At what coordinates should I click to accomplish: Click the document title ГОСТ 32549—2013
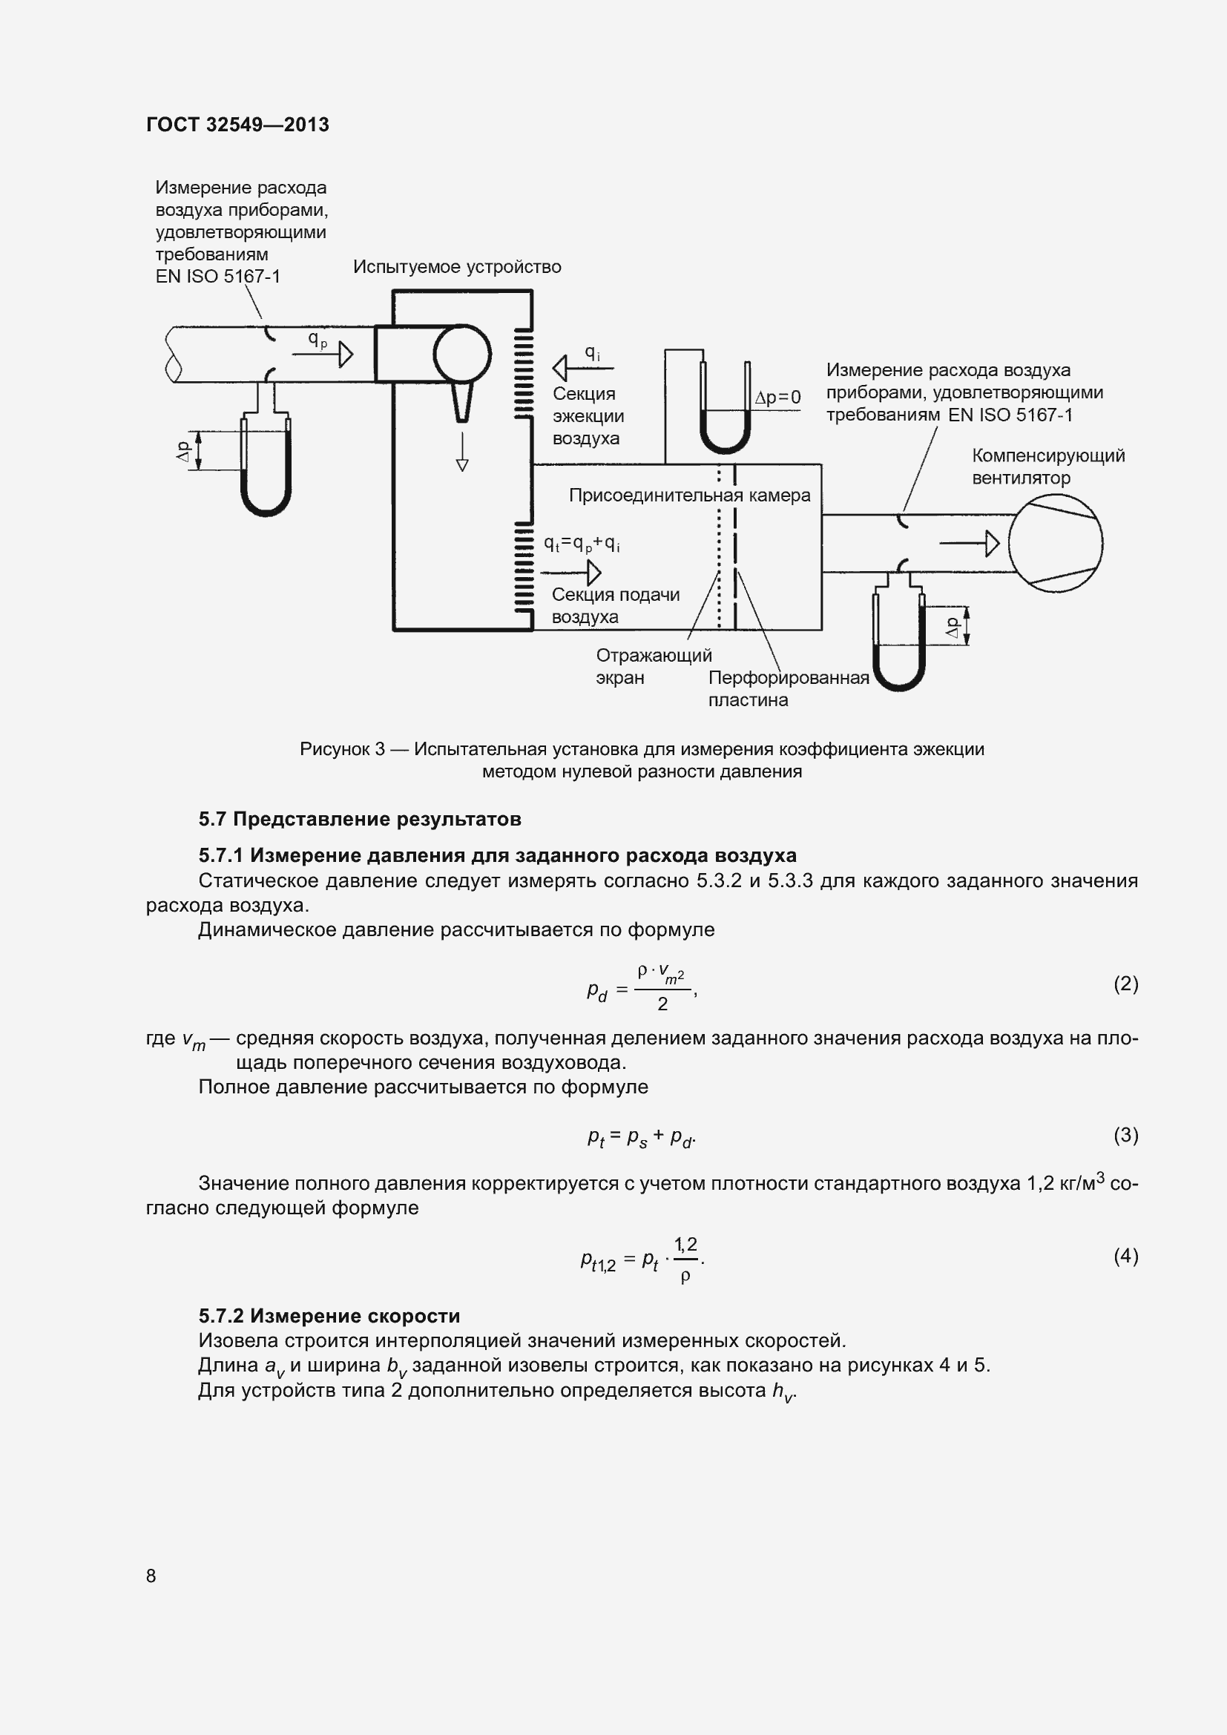coord(237,125)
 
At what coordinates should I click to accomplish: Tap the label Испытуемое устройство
coord(457,267)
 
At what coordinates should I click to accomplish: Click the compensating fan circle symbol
coord(1056,542)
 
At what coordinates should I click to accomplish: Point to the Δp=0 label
coord(777,398)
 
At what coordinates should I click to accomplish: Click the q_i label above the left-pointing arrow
coord(592,353)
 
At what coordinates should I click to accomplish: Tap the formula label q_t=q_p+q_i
coord(582,544)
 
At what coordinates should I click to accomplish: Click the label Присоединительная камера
coord(689,496)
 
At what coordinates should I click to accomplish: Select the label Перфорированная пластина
coord(788,688)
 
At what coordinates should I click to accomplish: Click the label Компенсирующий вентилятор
coord(1048,467)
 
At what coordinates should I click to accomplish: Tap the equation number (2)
coord(1125,983)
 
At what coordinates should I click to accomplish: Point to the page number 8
coord(151,1576)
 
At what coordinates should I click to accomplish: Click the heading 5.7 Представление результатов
coord(360,819)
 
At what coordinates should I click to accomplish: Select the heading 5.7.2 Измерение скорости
coord(329,1316)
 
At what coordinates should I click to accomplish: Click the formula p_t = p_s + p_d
coord(642,1137)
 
